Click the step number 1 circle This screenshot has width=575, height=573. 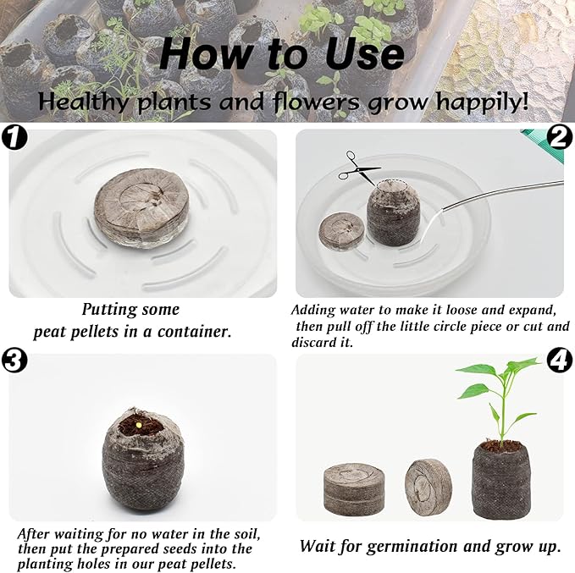(x=14, y=136)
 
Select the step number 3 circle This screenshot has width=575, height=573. (x=14, y=361)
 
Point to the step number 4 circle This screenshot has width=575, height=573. (x=559, y=360)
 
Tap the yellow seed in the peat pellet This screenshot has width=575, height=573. (x=139, y=425)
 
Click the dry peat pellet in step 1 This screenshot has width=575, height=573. (x=141, y=207)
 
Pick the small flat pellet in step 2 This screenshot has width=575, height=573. (x=342, y=231)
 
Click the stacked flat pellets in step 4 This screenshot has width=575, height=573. (x=354, y=489)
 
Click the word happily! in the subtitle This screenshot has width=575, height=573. (x=482, y=102)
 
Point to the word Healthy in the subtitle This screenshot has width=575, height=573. (x=85, y=102)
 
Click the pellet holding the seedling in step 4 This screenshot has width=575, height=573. (x=501, y=480)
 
